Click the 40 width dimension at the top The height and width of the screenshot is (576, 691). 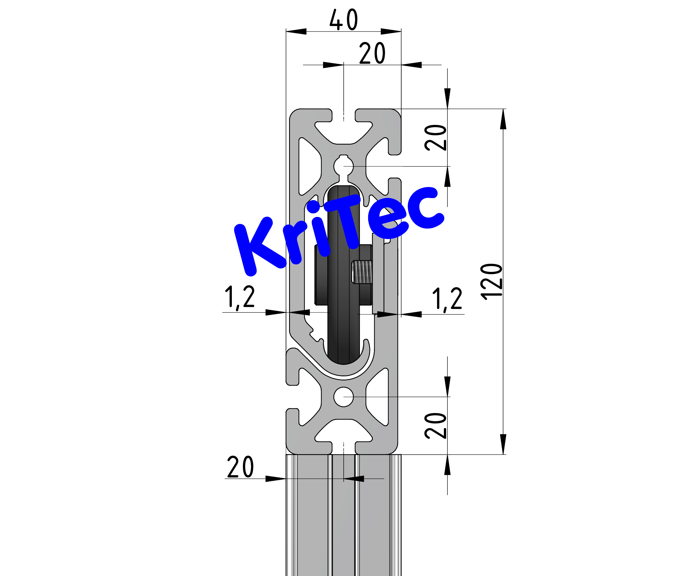pyautogui.click(x=343, y=20)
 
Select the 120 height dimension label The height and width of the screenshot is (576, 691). pyautogui.click(x=492, y=282)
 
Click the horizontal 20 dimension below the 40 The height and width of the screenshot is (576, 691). pyautogui.click(x=372, y=53)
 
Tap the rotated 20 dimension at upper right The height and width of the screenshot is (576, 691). pyautogui.click(x=436, y=138)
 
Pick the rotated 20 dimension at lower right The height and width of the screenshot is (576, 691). pyautogui.click(x=436, y=426)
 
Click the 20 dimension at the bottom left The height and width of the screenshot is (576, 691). pyautogui.click(x=240, y=467)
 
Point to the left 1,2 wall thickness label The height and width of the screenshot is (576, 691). pyautogui.click(x=240, y=297)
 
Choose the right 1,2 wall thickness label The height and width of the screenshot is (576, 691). pyautogui.click(x=447, y=299)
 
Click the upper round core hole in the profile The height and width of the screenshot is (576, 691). pyautogui.click(x=343, y=166)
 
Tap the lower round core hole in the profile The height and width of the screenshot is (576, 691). pyautogui.click(x=343, y=397)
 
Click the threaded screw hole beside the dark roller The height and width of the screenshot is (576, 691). pyautogui.click(x=362, y=272)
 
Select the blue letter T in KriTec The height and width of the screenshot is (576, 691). pyautogui.click(x=344, y=221)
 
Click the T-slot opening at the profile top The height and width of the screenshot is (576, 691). pyautogui.click(x=343, y=115)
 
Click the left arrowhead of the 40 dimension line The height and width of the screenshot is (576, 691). pyautogui.click(x=296, y=32)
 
